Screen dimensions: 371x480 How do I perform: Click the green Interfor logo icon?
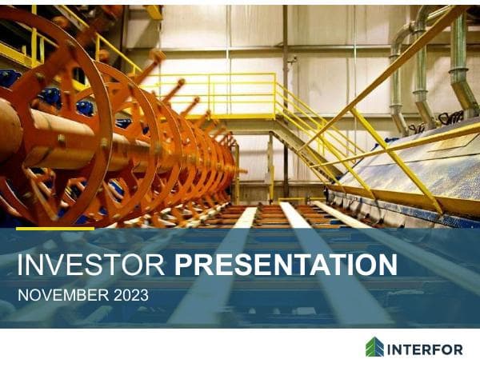pos(374,348)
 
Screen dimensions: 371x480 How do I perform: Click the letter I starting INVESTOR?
pos(20,264)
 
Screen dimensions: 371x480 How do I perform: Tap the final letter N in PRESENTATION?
pos(386,264)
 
